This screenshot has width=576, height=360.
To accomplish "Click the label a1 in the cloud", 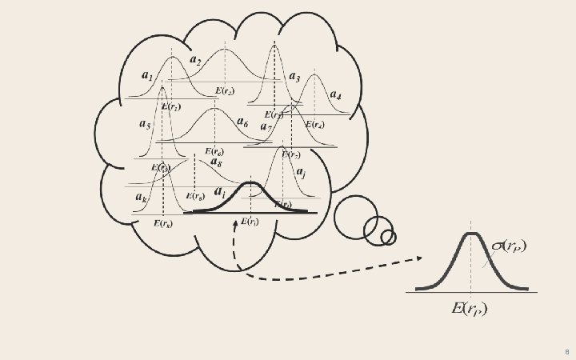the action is tap(147, 76).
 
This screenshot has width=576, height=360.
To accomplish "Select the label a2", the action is tap(195, 59).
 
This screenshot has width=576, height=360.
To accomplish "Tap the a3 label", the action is tap(294, 78).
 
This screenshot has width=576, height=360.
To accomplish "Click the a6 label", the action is tap(242, 122).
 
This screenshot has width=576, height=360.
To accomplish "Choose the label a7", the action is tap(266, 126).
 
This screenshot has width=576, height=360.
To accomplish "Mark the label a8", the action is tap(216, 162).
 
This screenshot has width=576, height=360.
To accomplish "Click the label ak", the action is tap(141, 197).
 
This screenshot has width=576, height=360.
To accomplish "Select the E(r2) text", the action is tap(224, 91).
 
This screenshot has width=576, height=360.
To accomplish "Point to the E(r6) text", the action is tap(214, 151).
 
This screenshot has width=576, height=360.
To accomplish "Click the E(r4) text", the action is tap(314, 125).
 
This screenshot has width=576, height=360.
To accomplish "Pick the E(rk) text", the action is tap(162, 224).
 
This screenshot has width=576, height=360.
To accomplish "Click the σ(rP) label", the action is tap(509, 246).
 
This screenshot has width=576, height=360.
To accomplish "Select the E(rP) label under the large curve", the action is tap(470, 308).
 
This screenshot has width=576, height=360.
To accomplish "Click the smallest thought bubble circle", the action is tap(388, 237).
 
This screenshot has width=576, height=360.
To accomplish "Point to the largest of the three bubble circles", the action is tap(354, 217).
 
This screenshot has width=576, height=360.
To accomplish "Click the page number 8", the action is tap(566, 351).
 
